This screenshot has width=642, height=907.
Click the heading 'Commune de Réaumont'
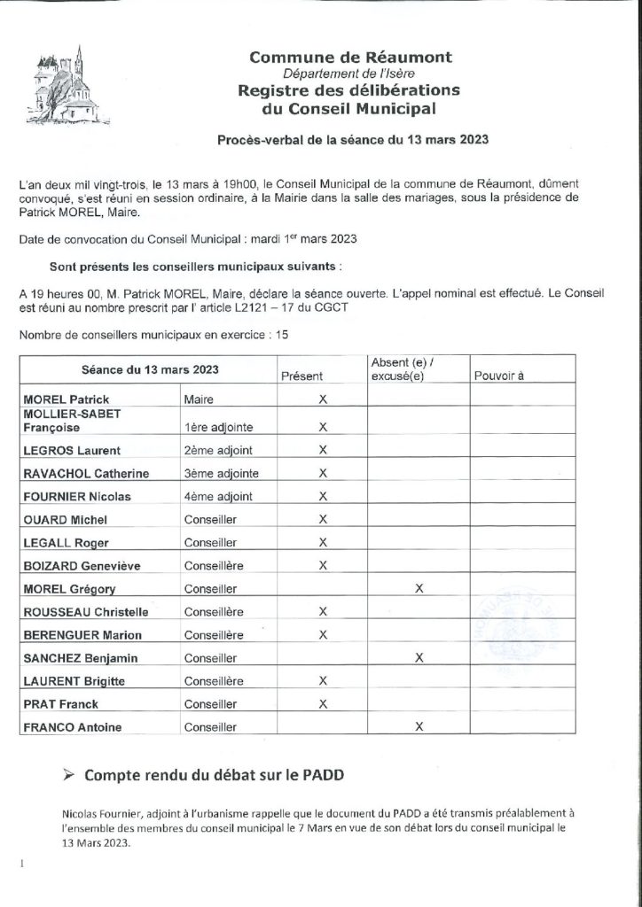point(350,58)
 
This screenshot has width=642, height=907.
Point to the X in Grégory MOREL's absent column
point(418,587)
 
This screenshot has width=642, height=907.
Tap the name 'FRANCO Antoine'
point(72,727)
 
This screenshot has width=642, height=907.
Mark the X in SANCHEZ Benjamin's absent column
point(418,657)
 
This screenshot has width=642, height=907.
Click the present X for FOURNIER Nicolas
point(323,495)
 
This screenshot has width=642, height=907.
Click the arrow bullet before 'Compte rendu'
point(69,773)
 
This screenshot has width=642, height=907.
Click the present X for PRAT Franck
point(323,704)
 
